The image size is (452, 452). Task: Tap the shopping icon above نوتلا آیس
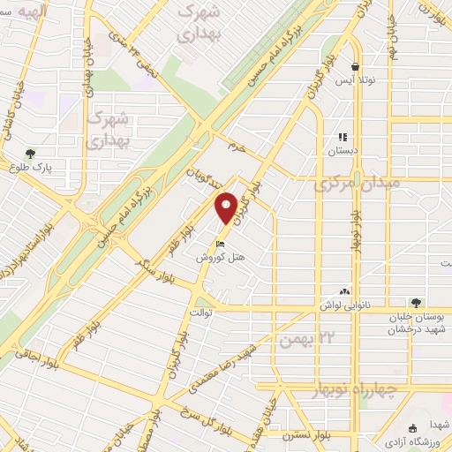[355, 66]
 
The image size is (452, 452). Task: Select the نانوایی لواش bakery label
[346, 305]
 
